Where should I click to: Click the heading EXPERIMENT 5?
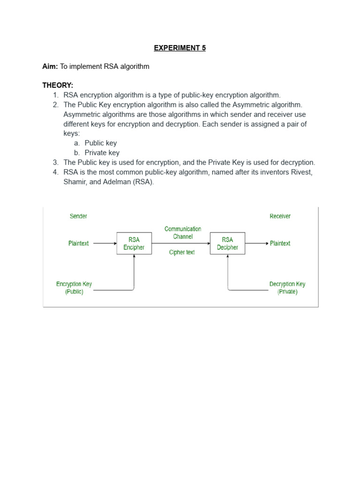pos(180,48)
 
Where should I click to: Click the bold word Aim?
pos(50,67)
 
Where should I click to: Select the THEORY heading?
pos(58,85)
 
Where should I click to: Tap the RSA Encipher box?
pos(134,243)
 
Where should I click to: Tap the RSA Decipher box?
pos(227,243)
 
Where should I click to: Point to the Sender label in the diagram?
pos(78,216)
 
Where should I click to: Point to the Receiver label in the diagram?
pos(280,216)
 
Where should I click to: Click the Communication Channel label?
pos(183,232)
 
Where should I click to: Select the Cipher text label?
pos(182,252)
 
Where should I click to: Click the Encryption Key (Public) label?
pos(74,287)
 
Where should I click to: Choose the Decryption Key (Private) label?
pos(287,287)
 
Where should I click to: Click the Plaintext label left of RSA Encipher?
pos(78,243)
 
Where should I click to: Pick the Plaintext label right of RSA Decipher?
pos(280,243)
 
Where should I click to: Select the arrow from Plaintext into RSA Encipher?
pos(105,243)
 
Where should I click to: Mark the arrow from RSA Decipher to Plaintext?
pos(257,243)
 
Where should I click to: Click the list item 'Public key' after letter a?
pos(101,143)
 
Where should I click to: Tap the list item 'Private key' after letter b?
pos(102,153)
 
